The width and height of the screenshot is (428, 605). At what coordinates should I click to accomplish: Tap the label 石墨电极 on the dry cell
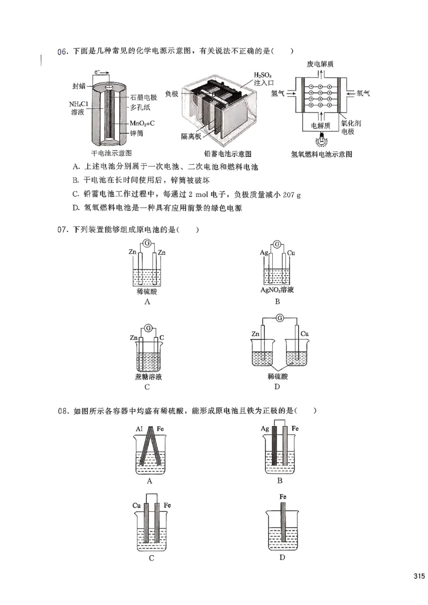(x=143, y=97)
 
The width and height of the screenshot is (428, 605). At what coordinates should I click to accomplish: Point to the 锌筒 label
(x=136, y=134)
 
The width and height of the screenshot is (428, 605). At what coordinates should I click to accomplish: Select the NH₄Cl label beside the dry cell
(x=78, y=104)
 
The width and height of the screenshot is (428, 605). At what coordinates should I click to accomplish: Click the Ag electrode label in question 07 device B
(x=263, y=252)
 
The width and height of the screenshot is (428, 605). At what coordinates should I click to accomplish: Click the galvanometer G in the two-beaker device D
(x=279, y=319)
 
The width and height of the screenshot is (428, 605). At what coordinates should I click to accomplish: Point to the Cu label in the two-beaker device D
(x=305, y=334)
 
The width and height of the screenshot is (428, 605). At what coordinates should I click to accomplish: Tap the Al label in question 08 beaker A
(x=139, y=429)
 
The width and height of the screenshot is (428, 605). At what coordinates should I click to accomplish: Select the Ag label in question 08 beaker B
(x=265, y=429)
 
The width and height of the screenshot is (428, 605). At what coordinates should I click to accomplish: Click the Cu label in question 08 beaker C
(x=136, y=505)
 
